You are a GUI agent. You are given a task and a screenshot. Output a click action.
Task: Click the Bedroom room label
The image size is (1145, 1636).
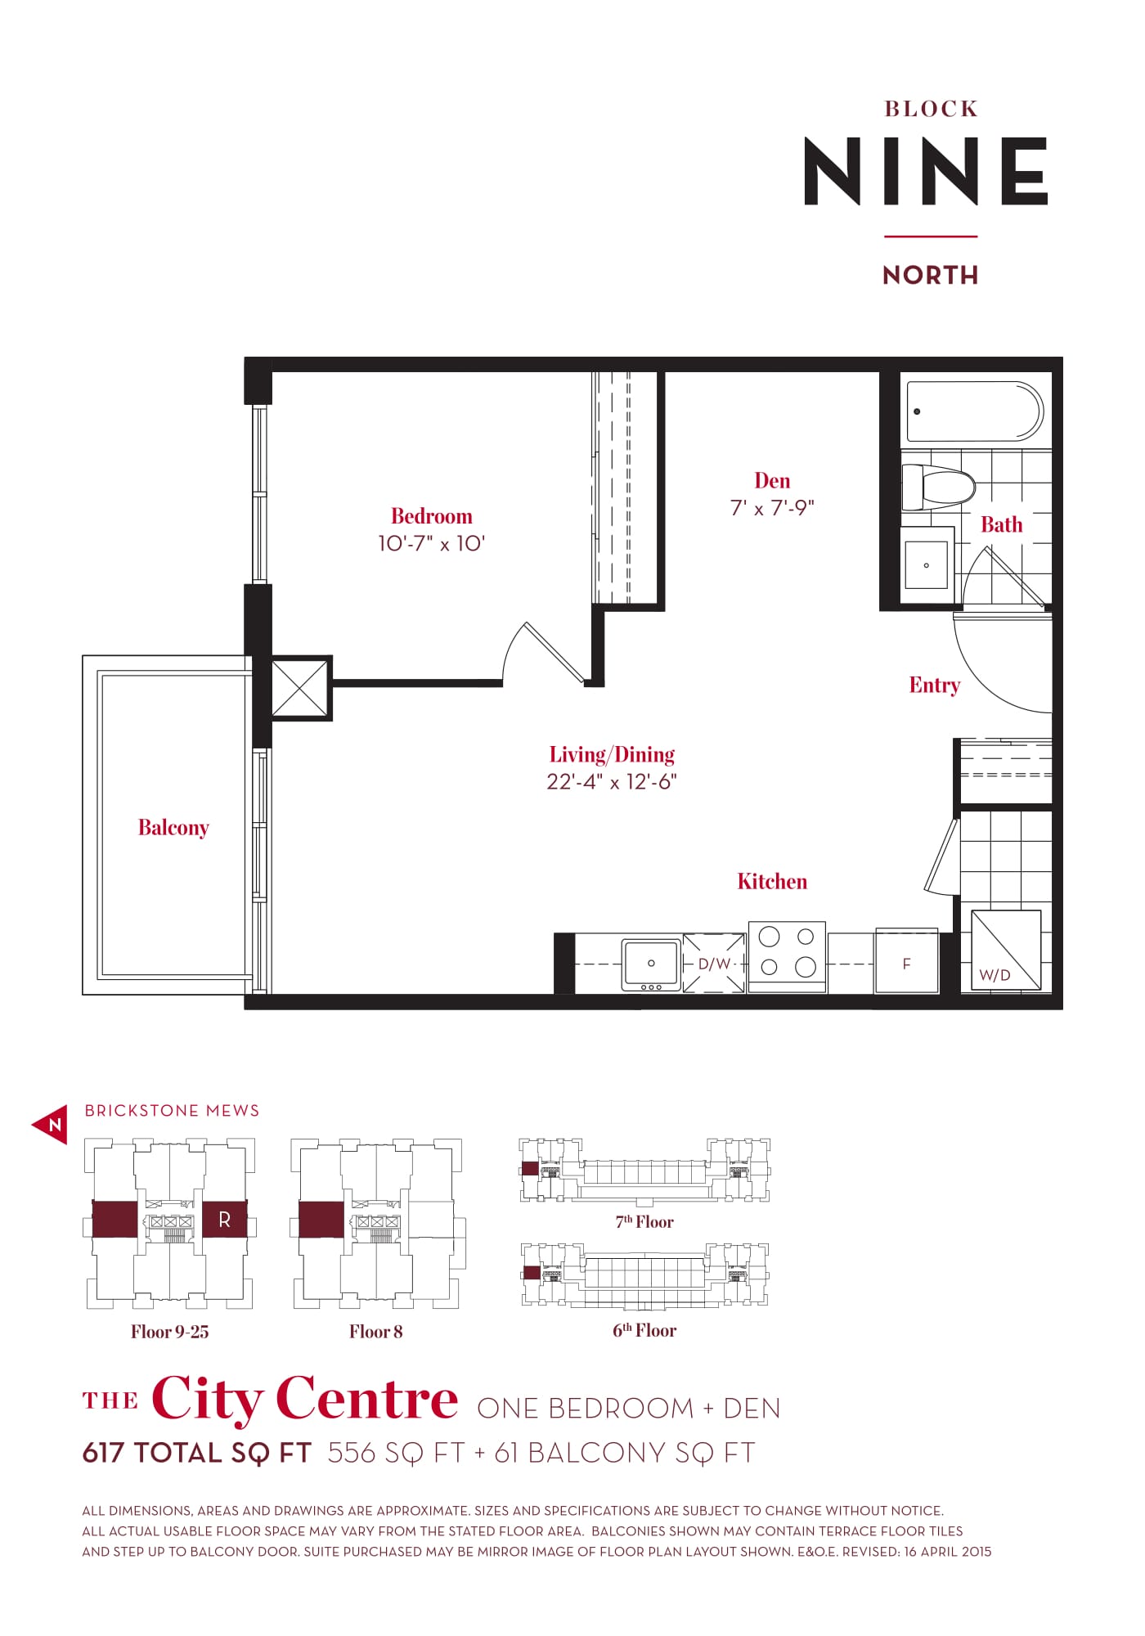[431, 516]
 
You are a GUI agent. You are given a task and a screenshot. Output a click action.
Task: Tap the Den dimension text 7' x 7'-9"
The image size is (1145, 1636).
[772, 508]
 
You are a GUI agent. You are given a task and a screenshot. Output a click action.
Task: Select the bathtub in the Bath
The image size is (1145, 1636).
[975, 411]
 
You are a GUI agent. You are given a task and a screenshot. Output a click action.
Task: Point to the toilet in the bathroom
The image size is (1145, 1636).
[939, 488]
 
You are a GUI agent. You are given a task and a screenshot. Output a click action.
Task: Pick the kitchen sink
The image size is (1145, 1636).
[651, 965]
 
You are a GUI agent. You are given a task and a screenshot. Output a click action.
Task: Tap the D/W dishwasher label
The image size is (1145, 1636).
[714, 964]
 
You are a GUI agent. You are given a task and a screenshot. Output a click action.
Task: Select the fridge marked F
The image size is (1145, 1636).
[906, 961]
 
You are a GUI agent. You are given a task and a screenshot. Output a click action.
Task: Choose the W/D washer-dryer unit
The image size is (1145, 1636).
[1006, 950]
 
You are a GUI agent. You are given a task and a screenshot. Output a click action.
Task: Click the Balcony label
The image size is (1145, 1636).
[173, 828]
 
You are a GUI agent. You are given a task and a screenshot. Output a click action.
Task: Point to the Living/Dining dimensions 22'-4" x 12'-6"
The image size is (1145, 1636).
[612, 782]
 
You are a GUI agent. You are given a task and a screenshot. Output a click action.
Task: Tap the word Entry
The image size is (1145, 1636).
[935, 685]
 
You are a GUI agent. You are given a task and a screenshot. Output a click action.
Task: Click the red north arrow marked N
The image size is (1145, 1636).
[52, 1125]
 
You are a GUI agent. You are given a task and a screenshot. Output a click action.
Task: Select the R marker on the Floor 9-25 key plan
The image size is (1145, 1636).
[225, 1220]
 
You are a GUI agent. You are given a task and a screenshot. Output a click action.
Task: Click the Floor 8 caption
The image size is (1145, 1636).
[376, 1332]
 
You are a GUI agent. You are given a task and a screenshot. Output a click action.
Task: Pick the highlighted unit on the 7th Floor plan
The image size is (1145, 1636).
[530, 1168]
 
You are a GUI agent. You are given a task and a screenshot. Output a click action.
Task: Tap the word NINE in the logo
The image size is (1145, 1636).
[926, 171]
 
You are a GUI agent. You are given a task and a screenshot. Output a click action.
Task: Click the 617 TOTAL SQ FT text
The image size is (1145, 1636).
[197, 1453]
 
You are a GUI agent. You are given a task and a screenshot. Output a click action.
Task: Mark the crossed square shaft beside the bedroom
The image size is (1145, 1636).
[299, 688]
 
